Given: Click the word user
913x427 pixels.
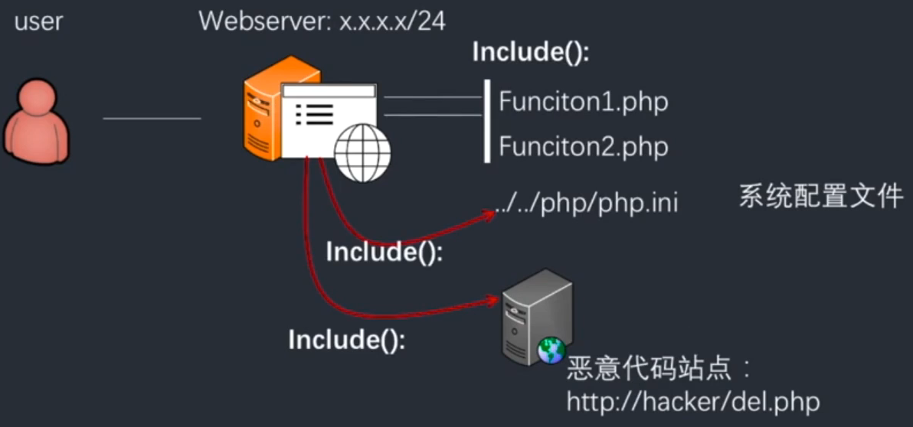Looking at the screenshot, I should click(38, 21).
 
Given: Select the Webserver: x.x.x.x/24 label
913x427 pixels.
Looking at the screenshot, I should click(322, 21).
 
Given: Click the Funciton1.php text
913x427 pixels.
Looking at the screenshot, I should click(583, 102).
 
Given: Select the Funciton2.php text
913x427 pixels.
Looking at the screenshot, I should click(583, 146).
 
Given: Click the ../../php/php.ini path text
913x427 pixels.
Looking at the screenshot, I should click(586, 204).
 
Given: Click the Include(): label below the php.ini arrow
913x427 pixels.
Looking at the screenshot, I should click(385, 252).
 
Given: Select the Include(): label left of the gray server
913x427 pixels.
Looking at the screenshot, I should click(346, 339).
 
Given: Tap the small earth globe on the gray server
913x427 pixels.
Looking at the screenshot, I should click(551, 350).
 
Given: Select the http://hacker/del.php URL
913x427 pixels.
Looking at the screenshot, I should click(693, 401).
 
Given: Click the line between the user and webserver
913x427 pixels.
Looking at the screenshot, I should click(152, 119).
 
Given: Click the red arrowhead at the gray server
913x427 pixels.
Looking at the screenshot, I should click(494, 301).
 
